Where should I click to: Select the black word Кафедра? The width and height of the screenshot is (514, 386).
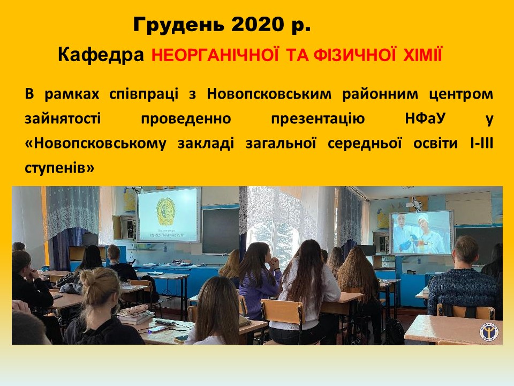coord(101,54)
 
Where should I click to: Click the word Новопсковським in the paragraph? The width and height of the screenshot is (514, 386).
coord(269,94)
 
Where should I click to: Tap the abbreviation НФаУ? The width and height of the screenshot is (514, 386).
coord(425,118)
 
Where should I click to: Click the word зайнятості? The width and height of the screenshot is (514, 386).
coord(63,118)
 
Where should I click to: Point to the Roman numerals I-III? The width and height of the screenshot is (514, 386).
coord(481,143)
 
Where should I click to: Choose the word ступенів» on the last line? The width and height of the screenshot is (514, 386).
coord(59,168)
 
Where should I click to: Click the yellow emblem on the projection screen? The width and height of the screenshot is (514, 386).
coord(166,212)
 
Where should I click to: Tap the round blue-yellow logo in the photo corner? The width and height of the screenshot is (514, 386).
coord(489,332)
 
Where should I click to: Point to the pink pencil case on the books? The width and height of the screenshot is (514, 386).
coord(135,309)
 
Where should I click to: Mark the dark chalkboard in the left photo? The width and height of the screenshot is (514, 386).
coord(221,231)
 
